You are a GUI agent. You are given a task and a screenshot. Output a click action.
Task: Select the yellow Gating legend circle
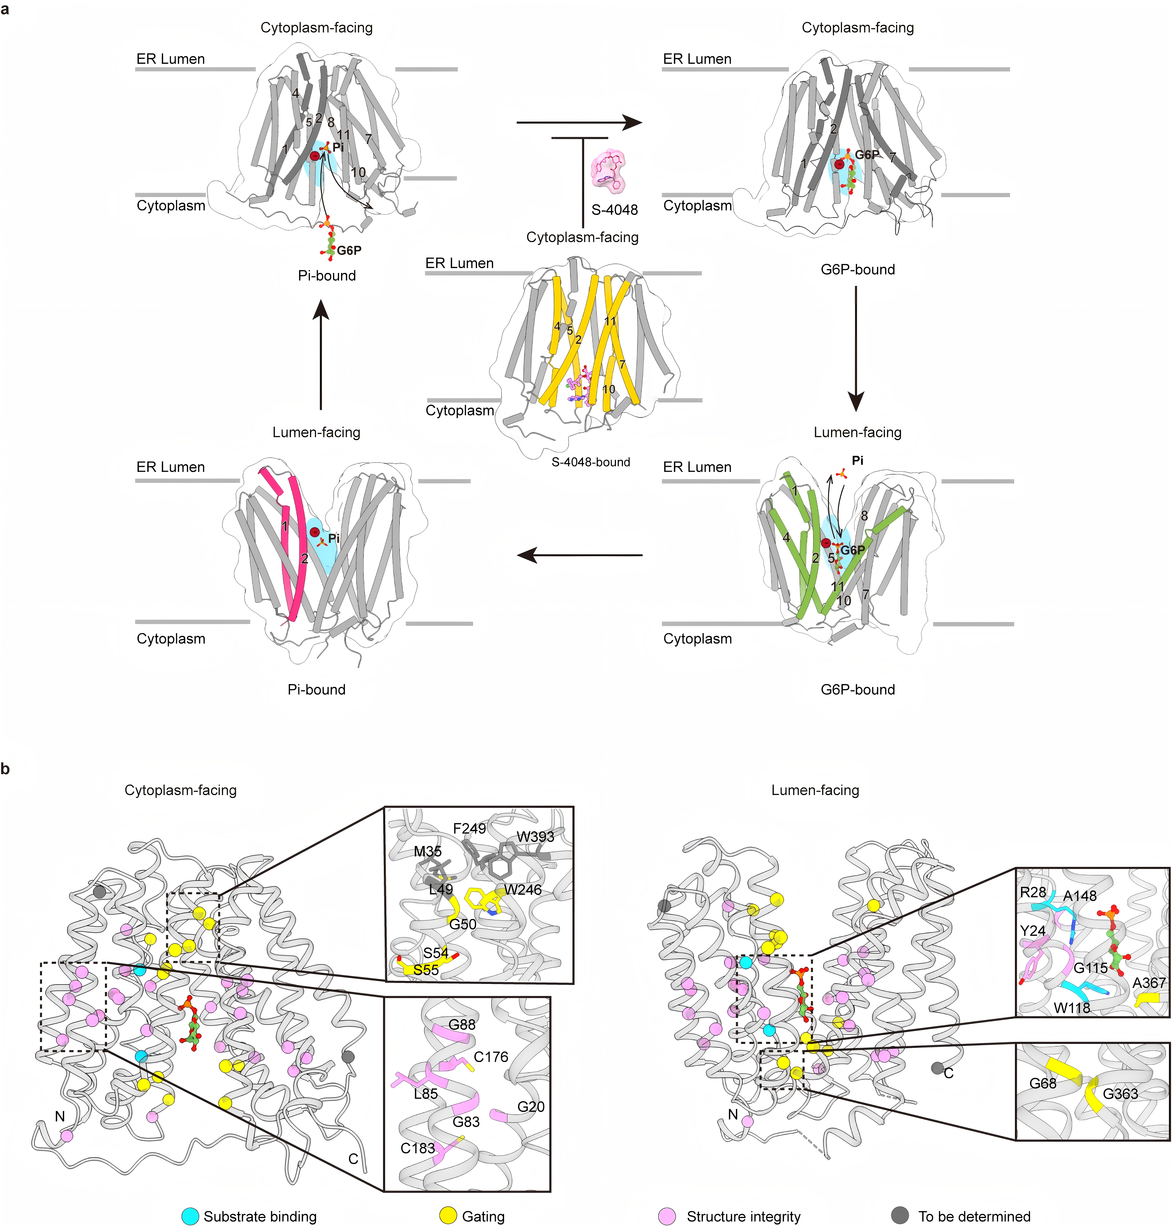point(448,1216)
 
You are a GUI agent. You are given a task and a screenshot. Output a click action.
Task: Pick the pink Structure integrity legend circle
point(667,1216)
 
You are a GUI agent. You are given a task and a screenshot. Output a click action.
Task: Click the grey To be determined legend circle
point(900,1216)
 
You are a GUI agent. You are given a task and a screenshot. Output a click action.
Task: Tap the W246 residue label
point(523,889)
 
